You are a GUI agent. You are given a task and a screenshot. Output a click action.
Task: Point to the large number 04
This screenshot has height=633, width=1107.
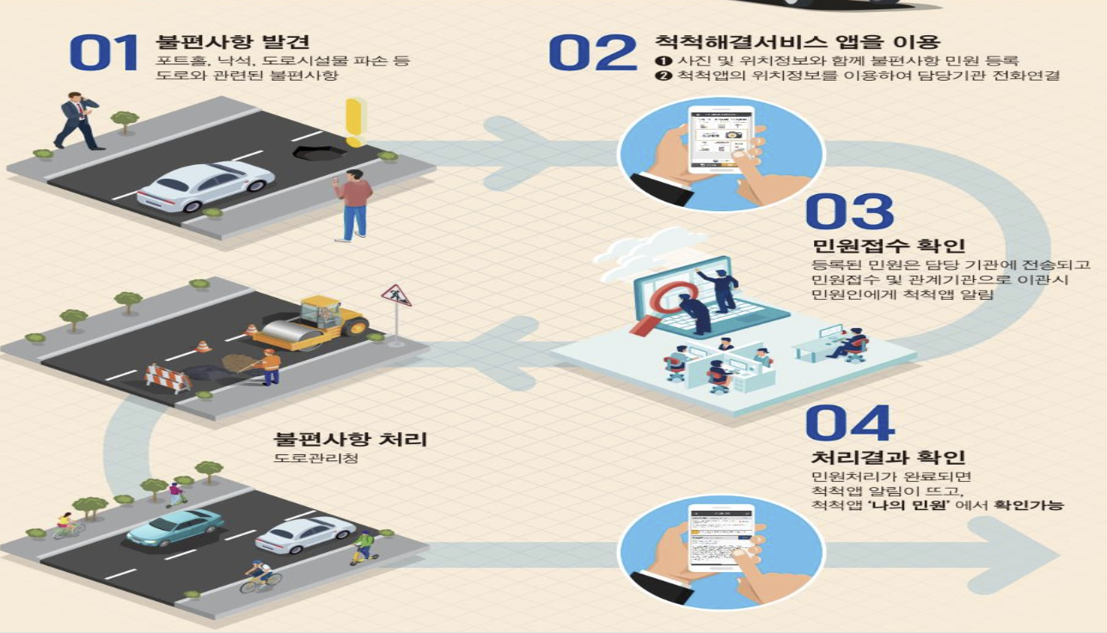point(850,423)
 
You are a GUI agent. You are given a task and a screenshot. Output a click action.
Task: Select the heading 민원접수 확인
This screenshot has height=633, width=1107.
point(876,247)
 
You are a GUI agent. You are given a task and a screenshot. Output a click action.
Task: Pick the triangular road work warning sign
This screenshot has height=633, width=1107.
point(396,296)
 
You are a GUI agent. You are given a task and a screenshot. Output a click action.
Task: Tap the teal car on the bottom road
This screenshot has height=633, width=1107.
point(174,526)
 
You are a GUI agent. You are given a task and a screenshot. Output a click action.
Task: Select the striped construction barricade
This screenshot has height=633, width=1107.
point(168,378)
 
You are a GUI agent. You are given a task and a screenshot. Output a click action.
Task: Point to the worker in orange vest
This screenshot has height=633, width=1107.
point(270,366)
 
